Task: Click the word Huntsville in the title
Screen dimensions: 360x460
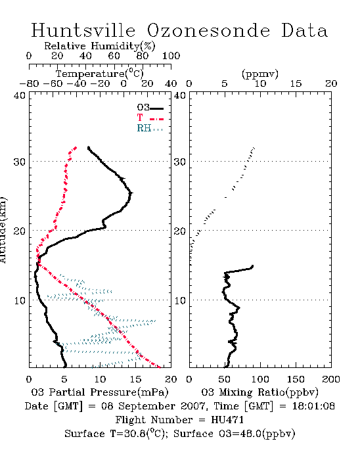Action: [83, 30]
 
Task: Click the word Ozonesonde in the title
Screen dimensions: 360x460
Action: [208, 30]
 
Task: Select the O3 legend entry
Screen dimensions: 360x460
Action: [150, 108]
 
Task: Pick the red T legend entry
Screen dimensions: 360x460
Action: [150, 118]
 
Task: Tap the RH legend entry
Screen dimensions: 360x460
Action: [150, 129]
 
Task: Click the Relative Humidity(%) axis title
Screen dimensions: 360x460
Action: [100, 46]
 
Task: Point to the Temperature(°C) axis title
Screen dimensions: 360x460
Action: [100, 74]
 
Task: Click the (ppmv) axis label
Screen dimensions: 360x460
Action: [260, 74]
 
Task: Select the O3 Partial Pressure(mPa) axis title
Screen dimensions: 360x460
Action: [100, 392]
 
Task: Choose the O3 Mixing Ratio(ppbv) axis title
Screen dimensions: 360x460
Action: [259, 392]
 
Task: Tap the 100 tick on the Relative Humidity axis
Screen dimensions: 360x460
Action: [171, 56]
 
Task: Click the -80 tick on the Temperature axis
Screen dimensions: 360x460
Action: [29, 83]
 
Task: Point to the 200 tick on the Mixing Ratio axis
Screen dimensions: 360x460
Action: [331, 379]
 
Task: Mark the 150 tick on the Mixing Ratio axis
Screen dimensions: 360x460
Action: [296, 379]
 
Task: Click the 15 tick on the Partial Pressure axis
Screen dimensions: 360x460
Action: [135, 379]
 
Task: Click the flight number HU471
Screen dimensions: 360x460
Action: [227, 420]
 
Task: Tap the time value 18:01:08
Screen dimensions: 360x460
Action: [313, 406]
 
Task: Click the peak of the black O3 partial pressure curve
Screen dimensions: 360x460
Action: [131, 193]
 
